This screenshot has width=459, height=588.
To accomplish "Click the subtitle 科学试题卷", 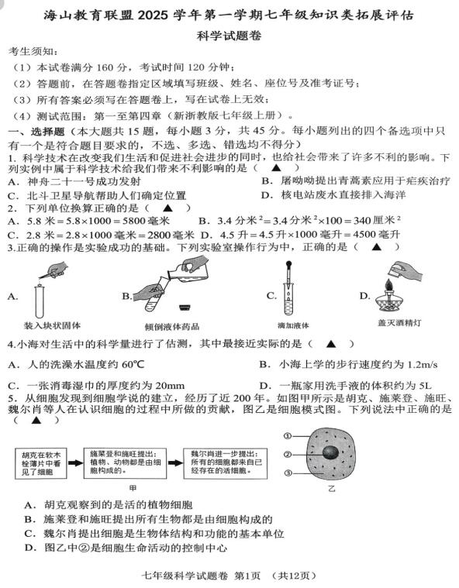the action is (x=229, y=36).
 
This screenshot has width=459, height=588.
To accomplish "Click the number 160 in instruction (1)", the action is (x=105, y=68).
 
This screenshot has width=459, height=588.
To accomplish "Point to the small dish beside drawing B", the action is (x=185, y=308).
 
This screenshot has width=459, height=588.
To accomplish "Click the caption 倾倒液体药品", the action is (x=172, y=327).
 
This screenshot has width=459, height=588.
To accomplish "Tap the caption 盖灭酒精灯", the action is (x=400, y=323).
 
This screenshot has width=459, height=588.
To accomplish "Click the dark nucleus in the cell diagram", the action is (x=331, y=452).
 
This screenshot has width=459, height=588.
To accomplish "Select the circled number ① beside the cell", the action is (x=288, y=435).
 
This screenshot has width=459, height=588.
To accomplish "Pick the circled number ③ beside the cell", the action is (x=288, y=473).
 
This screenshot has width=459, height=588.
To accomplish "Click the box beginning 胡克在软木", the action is (x=41, y=463).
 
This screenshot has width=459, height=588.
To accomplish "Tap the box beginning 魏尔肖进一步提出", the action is (x=225, y=463).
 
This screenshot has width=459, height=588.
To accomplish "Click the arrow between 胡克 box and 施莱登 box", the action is (x=75, y=462).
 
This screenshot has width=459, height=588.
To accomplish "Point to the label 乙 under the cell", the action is (x=331, y=489).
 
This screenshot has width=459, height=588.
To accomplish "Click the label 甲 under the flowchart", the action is (x=133, y=488).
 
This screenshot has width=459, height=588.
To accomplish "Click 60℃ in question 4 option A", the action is (x=133, y=365).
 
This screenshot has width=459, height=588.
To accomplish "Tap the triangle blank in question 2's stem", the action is (x=167, y=208).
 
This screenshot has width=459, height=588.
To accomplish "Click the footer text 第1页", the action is (x=247, y=576).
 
